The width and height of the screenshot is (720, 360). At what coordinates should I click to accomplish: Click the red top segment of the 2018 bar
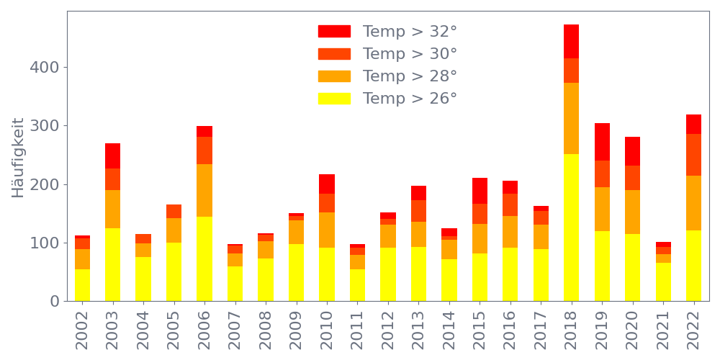point(571,41)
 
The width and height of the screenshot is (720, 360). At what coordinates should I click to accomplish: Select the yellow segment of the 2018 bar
point(571,227)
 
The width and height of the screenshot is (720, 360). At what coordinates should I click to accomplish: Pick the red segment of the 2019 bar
point(602,142)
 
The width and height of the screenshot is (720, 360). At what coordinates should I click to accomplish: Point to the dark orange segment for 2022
point(693,155)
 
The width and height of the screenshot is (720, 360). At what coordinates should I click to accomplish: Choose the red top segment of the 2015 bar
point(480,191)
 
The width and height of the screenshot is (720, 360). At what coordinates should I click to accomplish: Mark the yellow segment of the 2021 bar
point(663,282)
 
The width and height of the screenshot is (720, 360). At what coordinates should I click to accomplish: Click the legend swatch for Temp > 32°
point(334,31)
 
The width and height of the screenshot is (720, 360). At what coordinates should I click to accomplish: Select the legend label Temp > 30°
point(410,54)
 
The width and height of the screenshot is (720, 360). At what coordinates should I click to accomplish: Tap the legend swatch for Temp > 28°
point(334,76)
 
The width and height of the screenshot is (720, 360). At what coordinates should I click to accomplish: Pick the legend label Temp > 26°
point(410,99)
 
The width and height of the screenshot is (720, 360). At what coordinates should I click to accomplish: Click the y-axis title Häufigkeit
point(19,158)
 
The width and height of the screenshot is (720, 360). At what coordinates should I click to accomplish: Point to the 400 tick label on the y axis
point(44,67)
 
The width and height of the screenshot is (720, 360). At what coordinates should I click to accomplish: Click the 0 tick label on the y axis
point(55,301)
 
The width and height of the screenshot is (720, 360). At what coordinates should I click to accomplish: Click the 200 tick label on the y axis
point(44,184)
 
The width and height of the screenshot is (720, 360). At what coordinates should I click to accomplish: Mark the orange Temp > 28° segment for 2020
point(632,212)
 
